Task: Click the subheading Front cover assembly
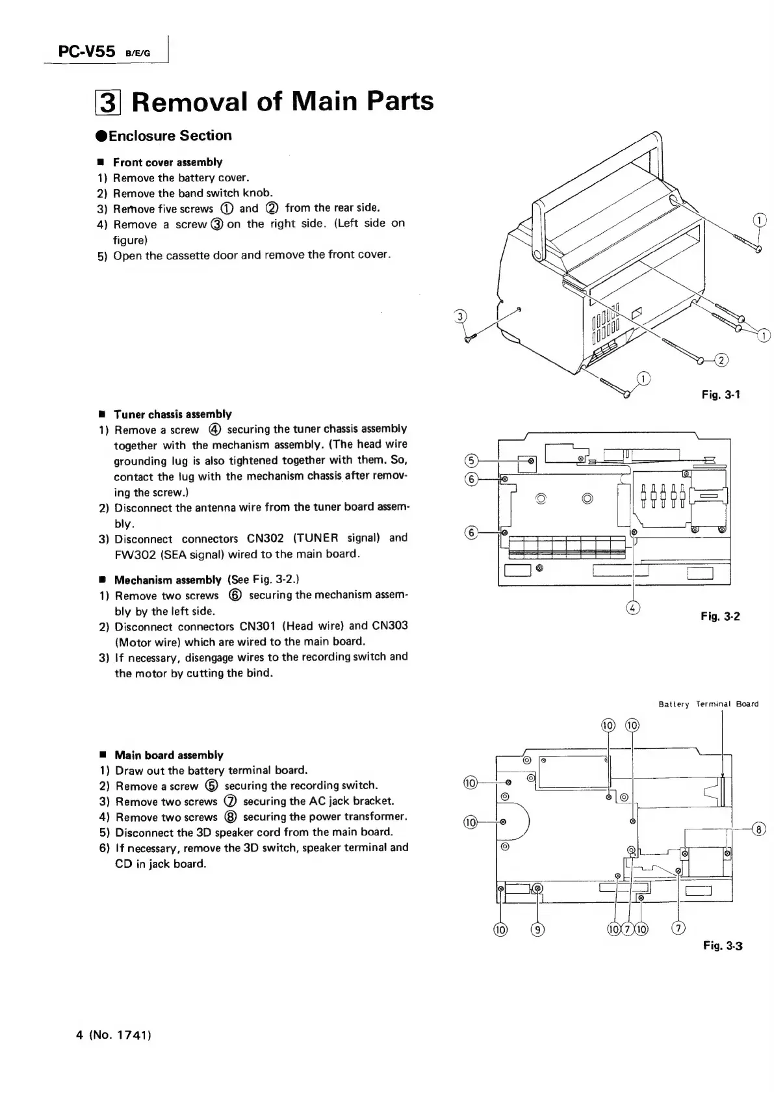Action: [167, 162]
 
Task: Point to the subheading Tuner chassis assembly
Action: [172, 414]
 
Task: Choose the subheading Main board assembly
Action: [168, 755]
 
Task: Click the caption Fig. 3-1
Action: [721, 394]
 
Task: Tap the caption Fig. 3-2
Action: [720, 616]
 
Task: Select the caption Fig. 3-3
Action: [722, 945]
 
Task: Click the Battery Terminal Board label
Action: [708, 704]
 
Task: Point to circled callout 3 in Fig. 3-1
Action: [460, 317]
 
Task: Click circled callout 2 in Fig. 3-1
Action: [721, 359]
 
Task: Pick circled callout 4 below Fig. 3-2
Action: [633, 608]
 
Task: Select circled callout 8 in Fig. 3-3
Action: [758, 829]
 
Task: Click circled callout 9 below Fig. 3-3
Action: [538, 928]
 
